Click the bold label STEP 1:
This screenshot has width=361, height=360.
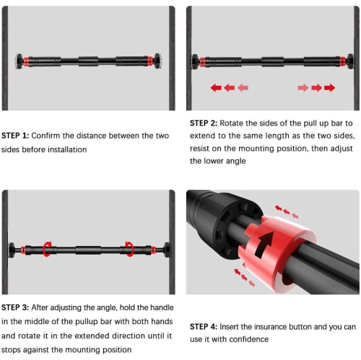coord(15,136)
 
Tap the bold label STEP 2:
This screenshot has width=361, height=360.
coord(204,123)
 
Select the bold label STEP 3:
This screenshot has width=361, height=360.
coord(15,307)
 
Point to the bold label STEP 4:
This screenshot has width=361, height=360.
coord(204,327)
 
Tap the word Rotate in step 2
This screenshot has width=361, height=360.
coord(232,123)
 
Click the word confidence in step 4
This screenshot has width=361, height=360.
coord(249,339)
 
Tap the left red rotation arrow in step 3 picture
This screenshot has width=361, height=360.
coord(46,249)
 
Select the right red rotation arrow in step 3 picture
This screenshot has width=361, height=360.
coord(130,249)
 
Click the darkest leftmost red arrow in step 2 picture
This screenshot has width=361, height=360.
coord(216,88)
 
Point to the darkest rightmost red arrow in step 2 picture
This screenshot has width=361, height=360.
coord(329,88)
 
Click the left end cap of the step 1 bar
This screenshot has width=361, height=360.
coord(19,61)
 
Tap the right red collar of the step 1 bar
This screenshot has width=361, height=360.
coord(150,61)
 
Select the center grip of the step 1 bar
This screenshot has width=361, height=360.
coord(88,61)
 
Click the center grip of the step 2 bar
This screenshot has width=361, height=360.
coord(272,61)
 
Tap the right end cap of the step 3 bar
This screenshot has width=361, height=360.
coord(167,250)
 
